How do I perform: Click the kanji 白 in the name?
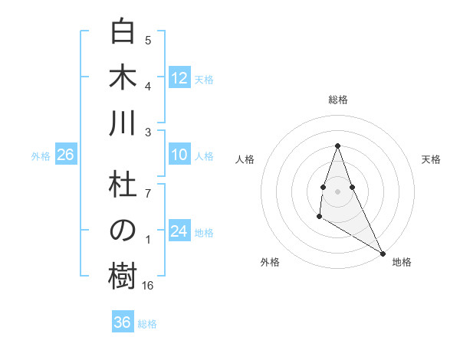pos(123,33)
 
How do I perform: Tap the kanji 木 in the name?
pos(123,79)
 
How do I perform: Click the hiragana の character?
pos(123,232)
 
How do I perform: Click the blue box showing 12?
pos(179,78)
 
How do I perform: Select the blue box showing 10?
pos(179,155)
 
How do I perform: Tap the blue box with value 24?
pos(179,232)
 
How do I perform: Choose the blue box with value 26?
pos(66,155)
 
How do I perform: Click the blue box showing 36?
pos(123,322)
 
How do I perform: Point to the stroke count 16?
pos(149,285)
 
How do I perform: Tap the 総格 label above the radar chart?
pos(337,100)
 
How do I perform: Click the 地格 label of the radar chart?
pos(402,262)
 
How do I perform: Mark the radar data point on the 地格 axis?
pos(383,254)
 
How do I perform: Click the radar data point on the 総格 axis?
pos(337,146)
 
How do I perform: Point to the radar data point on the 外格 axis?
pos(320,218)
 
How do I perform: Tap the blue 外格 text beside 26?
pos(41,156)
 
